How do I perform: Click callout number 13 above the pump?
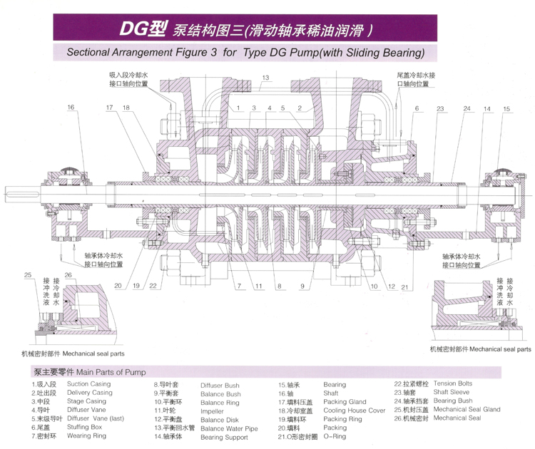(265, 77)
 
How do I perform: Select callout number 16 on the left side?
(71, 108)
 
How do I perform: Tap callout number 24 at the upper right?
(467, 108)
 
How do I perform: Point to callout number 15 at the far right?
(507, 108)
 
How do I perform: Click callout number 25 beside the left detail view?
(27, 275)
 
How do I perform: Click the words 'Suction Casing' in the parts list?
(88, 384)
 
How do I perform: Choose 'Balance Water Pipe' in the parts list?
(229, 428)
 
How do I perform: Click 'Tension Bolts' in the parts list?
(453, 384)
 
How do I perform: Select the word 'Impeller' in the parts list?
(213, 411)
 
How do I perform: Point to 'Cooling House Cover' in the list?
(354, 411)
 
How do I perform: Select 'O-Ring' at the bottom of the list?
(335, 436)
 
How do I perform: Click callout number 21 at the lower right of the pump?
(404, 286)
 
